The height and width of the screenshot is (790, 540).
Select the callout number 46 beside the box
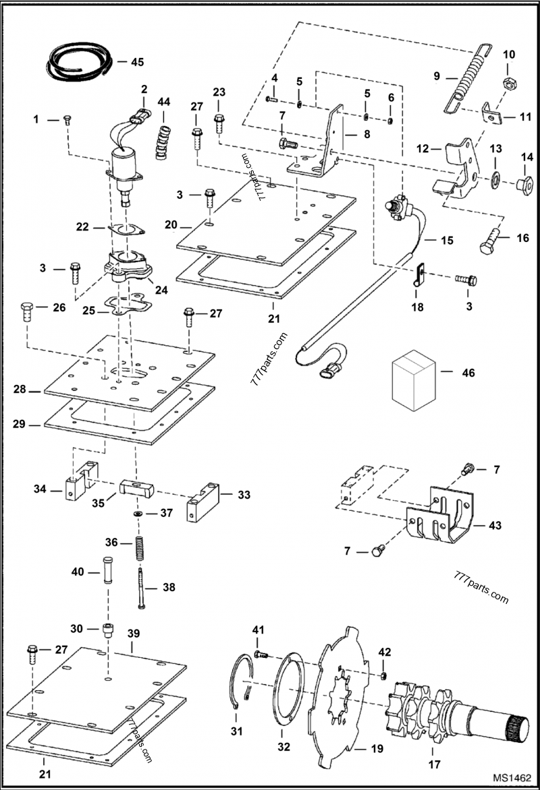coord(467,372)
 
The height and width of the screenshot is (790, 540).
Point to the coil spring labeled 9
coord(466,76)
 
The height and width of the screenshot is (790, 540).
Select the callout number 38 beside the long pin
coord(168,587)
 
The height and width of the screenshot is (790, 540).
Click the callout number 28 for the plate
coord(20,390)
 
